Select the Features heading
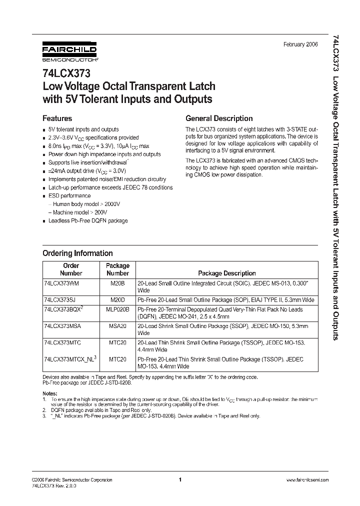(x=57, y=118)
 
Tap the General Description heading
(x=219, y=118)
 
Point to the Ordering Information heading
(x=77, y=253)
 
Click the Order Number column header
(x=71, y=269)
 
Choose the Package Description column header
(x=226, y=273)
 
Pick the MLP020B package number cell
(x=118, y=310)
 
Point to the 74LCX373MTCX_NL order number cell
(x=69, y=359)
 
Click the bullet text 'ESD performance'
(x=69, y=196)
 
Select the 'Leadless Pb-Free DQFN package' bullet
(x=87, y=220)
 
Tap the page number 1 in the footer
(x=179, y=479)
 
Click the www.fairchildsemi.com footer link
(x=307, y=479)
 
